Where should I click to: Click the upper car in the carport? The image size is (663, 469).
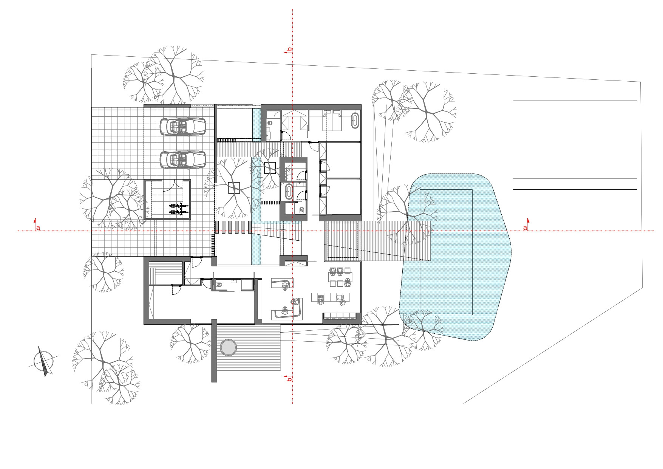click(x=183, y=127)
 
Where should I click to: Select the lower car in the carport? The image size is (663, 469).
click(x=183, y=159)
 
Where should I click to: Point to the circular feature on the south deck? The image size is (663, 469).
click(x=229, y=347)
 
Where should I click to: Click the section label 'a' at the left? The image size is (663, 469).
click(x=37, y=227)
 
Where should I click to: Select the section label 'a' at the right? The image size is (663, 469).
click(x=525, y=227)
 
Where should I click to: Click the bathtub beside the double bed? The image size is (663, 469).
click(x=355, y=120)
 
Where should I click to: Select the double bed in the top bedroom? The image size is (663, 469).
click(x=332, y=120)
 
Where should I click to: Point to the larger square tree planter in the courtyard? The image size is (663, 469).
click(x=234, y=188)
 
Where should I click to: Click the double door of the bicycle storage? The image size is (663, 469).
click(x=169, y=185)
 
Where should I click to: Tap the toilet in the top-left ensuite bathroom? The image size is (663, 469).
click(x=270, y=122)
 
